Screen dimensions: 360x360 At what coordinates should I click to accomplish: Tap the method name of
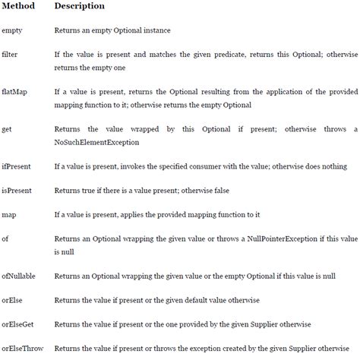[x=7, y=238]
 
